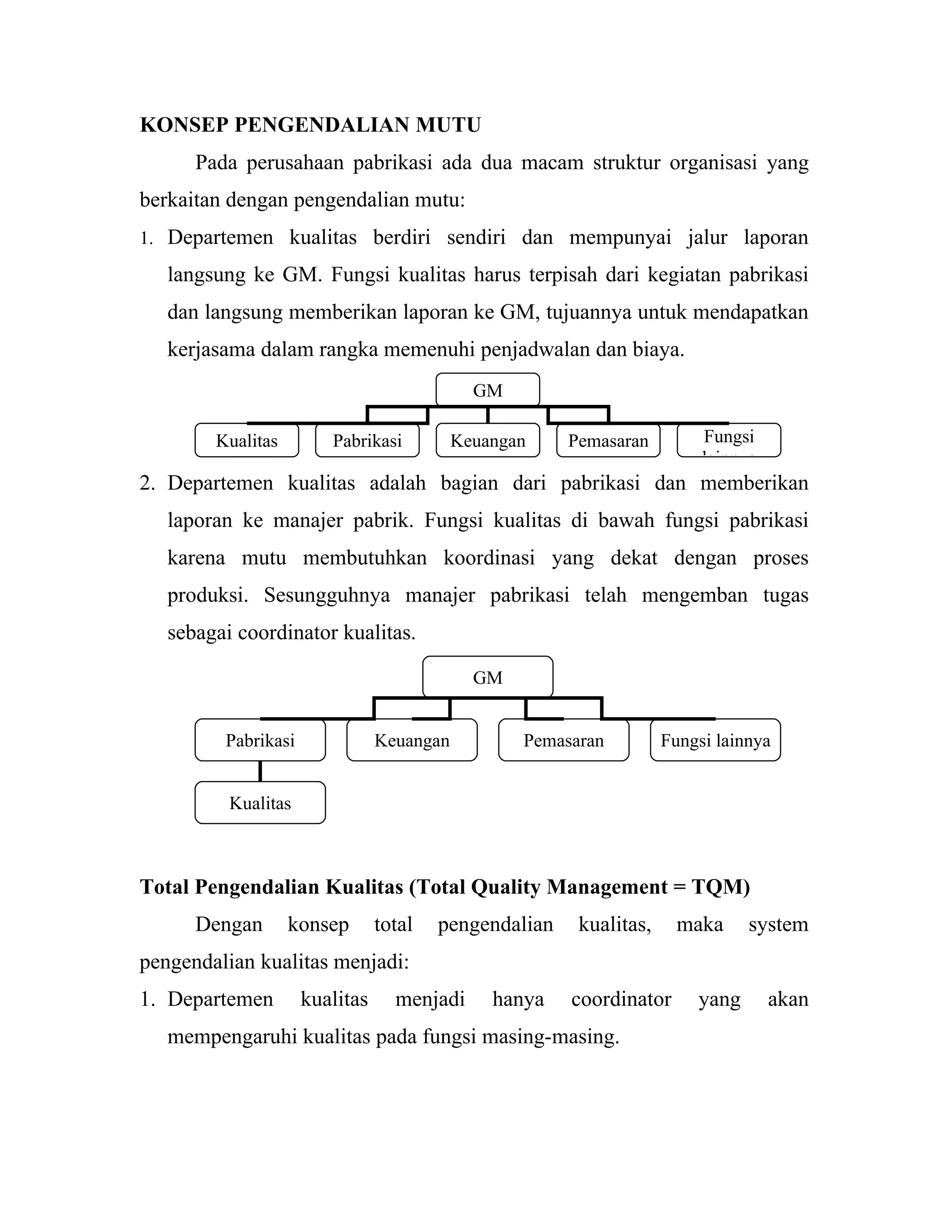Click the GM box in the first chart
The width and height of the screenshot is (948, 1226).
pos(487,390)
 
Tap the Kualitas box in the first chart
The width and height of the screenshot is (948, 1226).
pos(247,440)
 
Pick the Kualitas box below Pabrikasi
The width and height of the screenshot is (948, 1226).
pos(260,803)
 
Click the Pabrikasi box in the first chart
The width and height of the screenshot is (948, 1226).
pos(367,440)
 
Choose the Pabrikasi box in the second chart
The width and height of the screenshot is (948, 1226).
pos(260,740)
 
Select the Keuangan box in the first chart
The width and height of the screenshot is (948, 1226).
pos(487,440)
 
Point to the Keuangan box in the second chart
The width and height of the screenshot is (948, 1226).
pos(412,740)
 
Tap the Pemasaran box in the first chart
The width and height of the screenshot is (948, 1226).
pos(608,440)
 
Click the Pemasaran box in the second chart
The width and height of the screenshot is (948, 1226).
pos(563,740)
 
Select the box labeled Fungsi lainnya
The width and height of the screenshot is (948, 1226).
pos(715,740)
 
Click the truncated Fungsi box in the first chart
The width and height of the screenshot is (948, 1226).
pos(729,440)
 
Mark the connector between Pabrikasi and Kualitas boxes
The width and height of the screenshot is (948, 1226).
pos(260,771)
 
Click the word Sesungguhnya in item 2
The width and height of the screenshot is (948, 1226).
pos(327,595)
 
